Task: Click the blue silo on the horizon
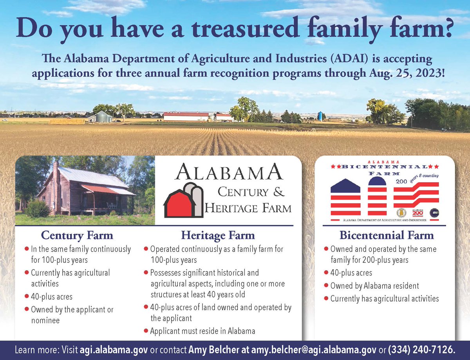(320, 116)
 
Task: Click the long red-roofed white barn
(186, 116)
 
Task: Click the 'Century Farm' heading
(77, 235)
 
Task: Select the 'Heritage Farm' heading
(218, 235)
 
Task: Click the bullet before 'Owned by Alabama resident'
(326, 286)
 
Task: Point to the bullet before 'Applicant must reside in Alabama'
(146, 331)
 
